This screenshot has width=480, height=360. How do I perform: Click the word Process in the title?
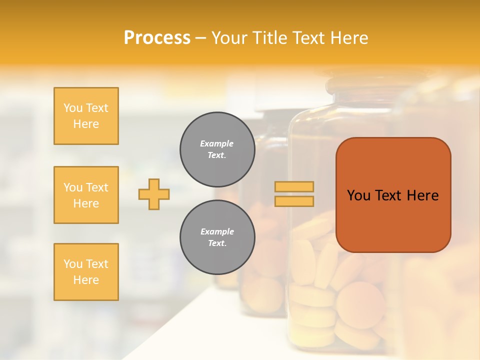coord(157,38)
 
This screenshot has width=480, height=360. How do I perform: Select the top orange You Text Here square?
coord(86,116)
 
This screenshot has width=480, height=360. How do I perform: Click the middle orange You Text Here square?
coord(86,195)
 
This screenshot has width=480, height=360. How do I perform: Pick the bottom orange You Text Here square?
coord(86,272)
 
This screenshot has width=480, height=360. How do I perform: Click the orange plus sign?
coord(154,194)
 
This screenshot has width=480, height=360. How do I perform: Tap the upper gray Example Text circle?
coord(217,149)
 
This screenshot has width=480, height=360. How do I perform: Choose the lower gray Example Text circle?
coord(217,237)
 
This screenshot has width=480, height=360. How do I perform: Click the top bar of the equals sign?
coord(294,187)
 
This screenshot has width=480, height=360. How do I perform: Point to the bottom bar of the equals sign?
coord(294,201)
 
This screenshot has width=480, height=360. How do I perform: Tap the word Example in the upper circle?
coord(217,143)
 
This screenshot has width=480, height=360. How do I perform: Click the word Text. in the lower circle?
coord(217,243)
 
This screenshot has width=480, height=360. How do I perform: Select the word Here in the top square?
coord(86,124)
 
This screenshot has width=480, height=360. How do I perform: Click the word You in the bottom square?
coord(72,264)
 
